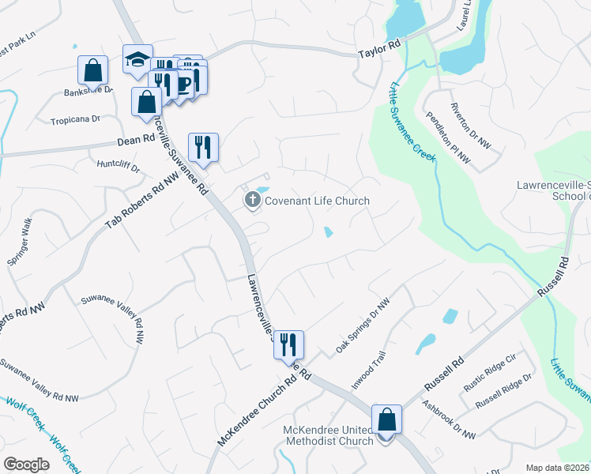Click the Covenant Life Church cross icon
coord(253,200)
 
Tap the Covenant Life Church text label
coord(317,201)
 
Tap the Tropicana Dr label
coord(75,119)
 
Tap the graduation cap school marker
coord(137,59)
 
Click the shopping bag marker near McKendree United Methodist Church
coord(387,419)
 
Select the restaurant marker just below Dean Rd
coord(203,147)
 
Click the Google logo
coord(26,465)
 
